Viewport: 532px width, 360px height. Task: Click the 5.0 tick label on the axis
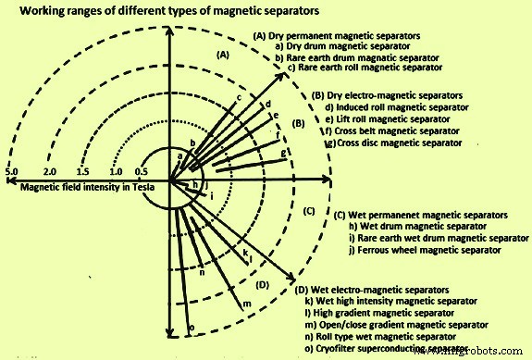pos(12,171)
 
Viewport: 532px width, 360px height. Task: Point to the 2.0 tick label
pos(50,171)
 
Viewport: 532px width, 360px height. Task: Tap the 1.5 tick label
pos(82,171)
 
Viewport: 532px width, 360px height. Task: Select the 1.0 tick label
pos(116,171)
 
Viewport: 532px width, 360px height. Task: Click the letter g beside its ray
pos(283,152)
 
